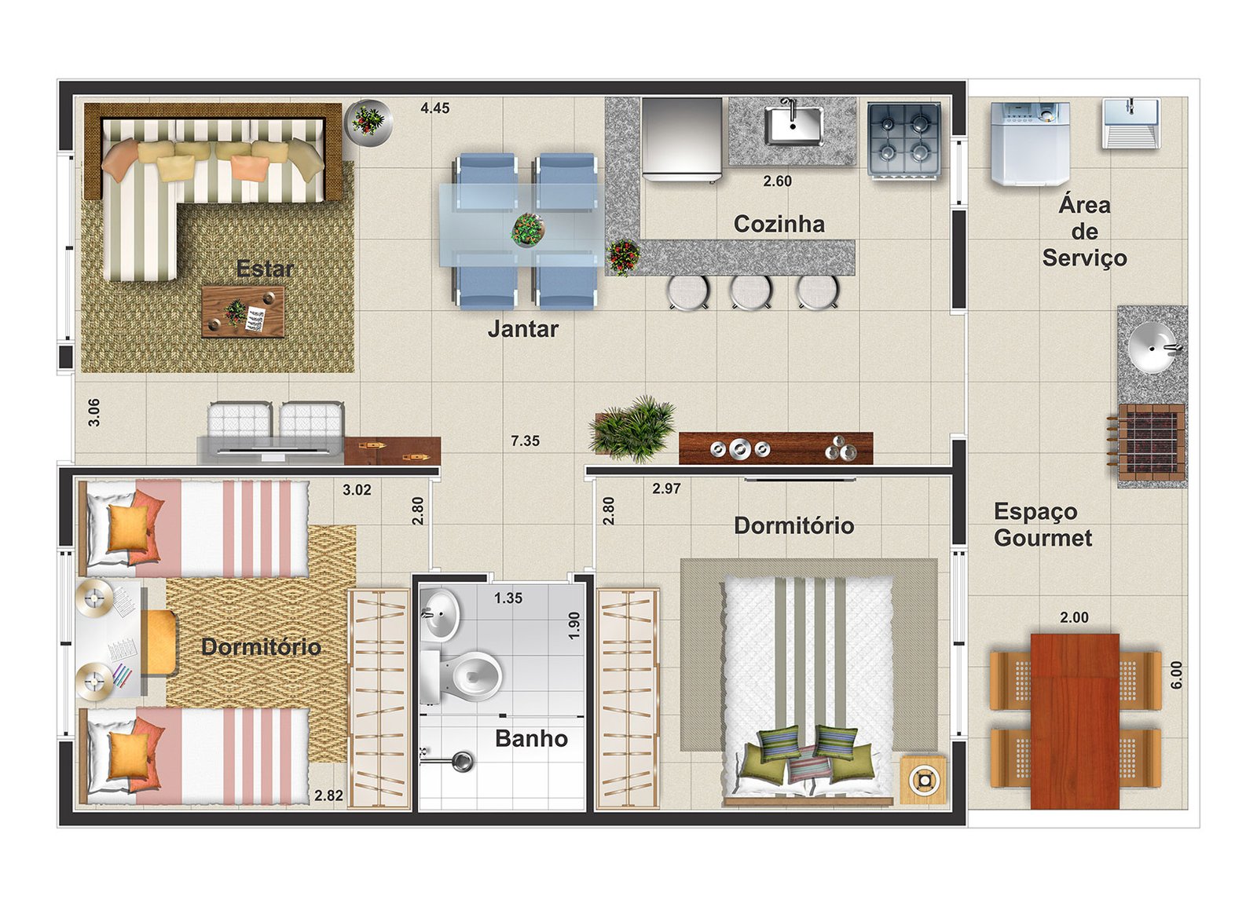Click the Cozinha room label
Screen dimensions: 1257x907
pyautogui.click(x=779, y=225)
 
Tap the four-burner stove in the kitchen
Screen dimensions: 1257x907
pyautogui.click(x=903, y=141)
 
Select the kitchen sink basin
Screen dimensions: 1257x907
pyautogui.click(x=793, y=126)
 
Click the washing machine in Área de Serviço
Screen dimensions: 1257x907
pyautogui.click(x=1030, y=144)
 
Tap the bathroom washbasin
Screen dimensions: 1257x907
pyautogui.click(x=441, y=615)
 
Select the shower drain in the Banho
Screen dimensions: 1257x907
pyautogui.click(x=463, y=761)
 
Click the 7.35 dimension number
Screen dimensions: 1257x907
pyautogui.click(x=525, y=441)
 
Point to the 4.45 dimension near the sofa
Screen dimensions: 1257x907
pyautogui.click(x=435, y=108)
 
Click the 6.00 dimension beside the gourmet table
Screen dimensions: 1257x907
pyautogui.click(x=1177, y=675)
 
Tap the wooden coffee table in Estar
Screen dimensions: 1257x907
pyautogui.click(x=243, y=312)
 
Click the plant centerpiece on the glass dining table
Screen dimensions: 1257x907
pyautogui.click(x=527, y=229)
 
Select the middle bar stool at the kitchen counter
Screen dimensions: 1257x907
pyautogui.click(x=751, y=291)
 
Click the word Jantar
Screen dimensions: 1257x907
pyautogui.click(x=522, y=329)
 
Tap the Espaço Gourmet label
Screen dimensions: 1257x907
pyautogui.click(x=1043, y=525)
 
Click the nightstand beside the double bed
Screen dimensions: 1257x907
pyautogui.click(x=923, y=780)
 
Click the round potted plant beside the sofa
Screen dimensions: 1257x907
pyautogui.click(x=368, y=123)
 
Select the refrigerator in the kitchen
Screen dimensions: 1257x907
pyautogui.click(x=682, y=141)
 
